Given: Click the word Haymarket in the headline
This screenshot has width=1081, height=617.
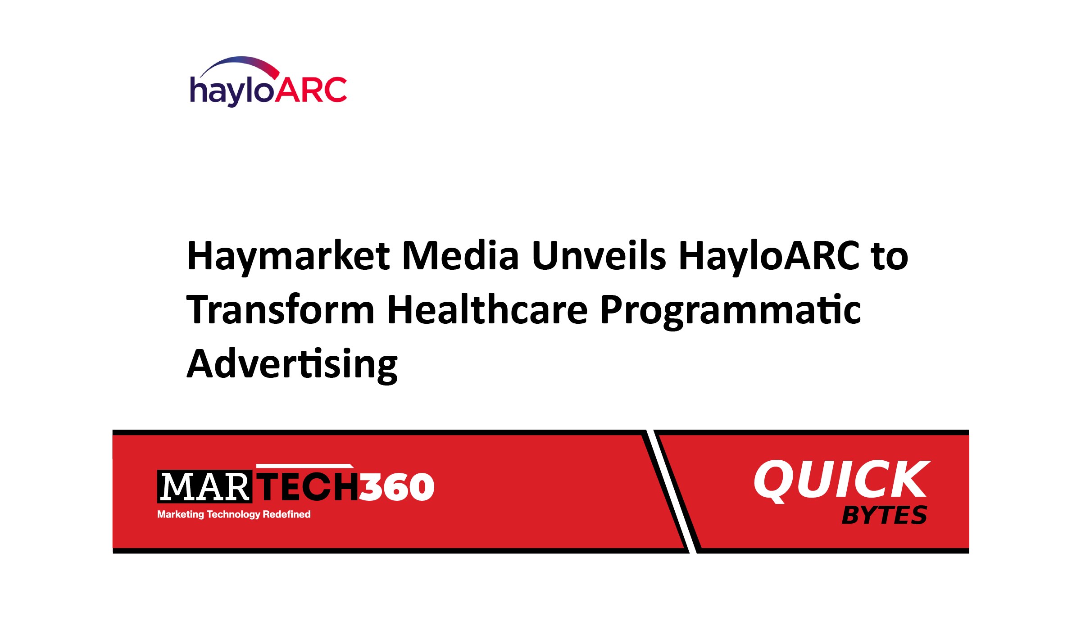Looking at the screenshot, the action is pos(288,257).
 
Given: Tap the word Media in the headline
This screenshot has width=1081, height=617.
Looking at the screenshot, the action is pos(460,255).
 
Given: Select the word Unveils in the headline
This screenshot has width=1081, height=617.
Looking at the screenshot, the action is pos(599,255).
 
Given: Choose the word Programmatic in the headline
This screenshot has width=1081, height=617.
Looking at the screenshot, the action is pos(731,311).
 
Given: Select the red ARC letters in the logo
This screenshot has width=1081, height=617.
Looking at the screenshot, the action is pos(311,90).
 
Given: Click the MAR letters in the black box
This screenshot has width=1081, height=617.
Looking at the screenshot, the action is pos(205,487).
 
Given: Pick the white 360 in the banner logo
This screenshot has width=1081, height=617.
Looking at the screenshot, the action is pos(397,487).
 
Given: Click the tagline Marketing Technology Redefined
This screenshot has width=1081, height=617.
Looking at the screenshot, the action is pos(234,514).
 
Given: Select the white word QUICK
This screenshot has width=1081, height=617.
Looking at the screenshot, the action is pos(842,480).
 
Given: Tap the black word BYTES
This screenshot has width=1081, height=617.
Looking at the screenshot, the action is pos(884,515).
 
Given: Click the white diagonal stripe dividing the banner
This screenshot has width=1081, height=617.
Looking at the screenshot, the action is pos(672,491).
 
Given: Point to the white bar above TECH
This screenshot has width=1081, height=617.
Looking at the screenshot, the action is pos(304,466).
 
